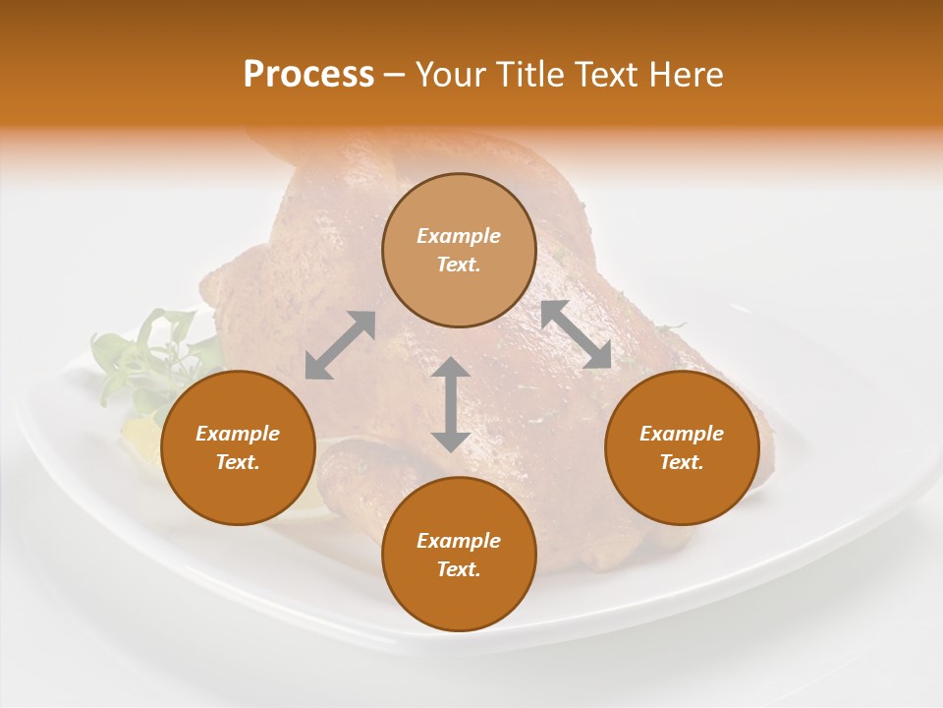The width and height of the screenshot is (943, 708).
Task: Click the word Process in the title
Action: coord(308,75)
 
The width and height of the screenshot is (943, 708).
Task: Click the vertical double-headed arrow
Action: coord(451,404)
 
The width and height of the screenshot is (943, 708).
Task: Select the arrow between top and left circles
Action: coord(340,345)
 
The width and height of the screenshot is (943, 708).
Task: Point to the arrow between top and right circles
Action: coord(577,334)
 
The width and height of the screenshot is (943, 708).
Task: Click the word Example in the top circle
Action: coord(459,236)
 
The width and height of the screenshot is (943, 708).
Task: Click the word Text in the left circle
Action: coord(238,462)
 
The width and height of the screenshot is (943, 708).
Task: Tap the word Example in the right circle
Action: coord(682,434)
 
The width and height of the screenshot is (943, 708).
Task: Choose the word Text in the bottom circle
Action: coord(459,569)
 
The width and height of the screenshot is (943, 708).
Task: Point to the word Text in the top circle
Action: coord(459,265)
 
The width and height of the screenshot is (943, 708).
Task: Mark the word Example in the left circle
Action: coord(238,434)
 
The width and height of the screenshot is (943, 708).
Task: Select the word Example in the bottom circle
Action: coord(459,541)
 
